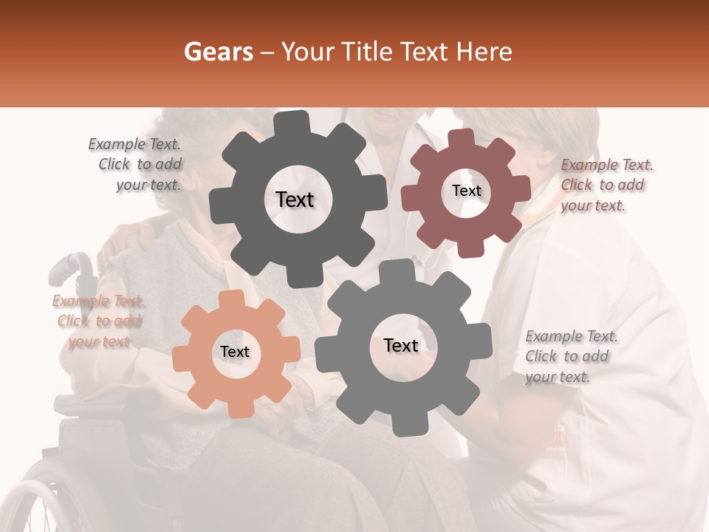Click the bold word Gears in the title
[x=218, y=52]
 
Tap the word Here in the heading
[x=484, y=52]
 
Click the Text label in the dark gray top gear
[x=295, y=199]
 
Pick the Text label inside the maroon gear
[x=466, y=191]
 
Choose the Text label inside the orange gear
[x=234, y=352]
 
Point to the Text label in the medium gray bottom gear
[x=401, y=345]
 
